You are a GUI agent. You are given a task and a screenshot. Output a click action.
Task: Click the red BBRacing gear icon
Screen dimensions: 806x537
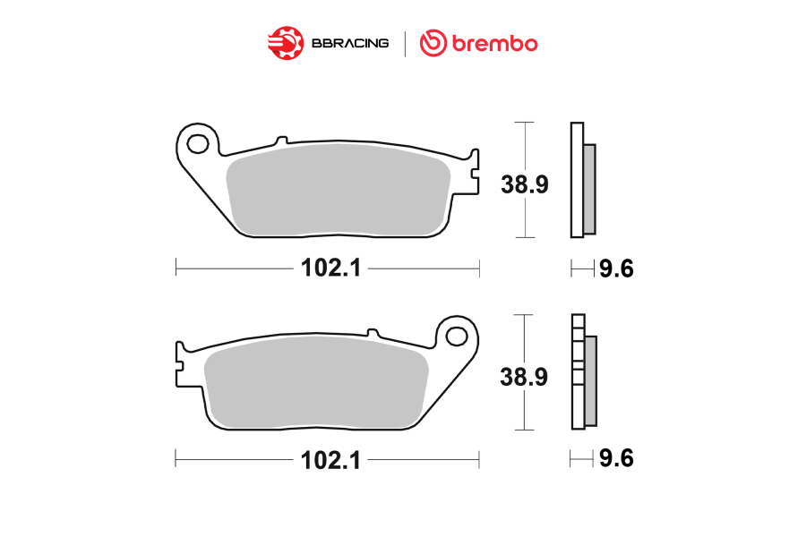[x=286, y=43]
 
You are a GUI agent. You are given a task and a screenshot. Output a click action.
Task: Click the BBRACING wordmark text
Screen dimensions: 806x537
[x=350, y=43]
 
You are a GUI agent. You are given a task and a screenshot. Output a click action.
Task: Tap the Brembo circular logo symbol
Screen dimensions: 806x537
[x=433, y=43]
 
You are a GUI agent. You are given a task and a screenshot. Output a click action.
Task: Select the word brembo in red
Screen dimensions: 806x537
[x=494, y=43]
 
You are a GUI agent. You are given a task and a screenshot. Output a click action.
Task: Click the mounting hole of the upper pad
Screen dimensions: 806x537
[x=198, y=144]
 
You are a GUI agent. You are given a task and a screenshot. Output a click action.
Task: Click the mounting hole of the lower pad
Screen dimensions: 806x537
[x=457, y=337]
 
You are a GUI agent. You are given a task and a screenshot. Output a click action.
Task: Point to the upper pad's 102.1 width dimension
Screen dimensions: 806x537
[x=331, y=268]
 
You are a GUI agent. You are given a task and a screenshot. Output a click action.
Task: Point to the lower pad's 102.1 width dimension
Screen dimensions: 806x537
[x=331, y=460]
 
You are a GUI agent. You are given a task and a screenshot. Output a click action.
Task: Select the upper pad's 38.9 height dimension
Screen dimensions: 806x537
[x=525, y=184]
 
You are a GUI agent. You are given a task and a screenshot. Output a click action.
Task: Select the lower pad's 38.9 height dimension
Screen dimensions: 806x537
[x=524, y=377]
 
